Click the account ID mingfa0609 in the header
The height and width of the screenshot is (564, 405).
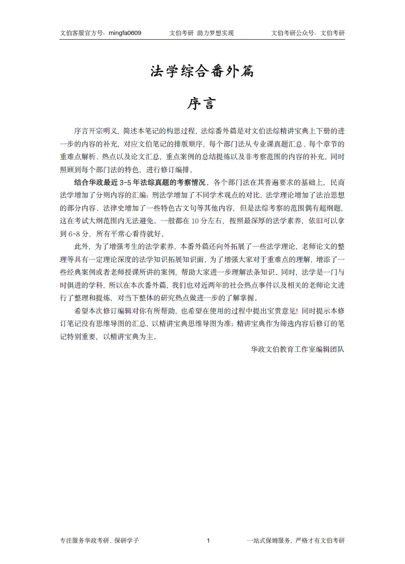pos(125,33)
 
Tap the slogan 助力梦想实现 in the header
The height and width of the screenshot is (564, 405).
pos(215,33)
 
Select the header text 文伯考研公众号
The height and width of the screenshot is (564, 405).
pos(293,33)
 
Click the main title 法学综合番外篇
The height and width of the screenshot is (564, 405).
pos(202,71)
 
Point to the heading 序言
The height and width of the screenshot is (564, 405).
pos(202,104)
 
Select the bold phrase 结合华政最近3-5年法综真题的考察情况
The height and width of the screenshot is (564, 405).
pos(140,183)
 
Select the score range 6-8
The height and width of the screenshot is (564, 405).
pos(74,234)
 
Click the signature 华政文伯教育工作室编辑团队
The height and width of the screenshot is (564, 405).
pos(297,349)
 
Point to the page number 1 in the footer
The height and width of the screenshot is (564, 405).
pos(208,540)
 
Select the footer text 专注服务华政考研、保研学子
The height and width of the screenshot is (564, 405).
pos(100,540)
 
